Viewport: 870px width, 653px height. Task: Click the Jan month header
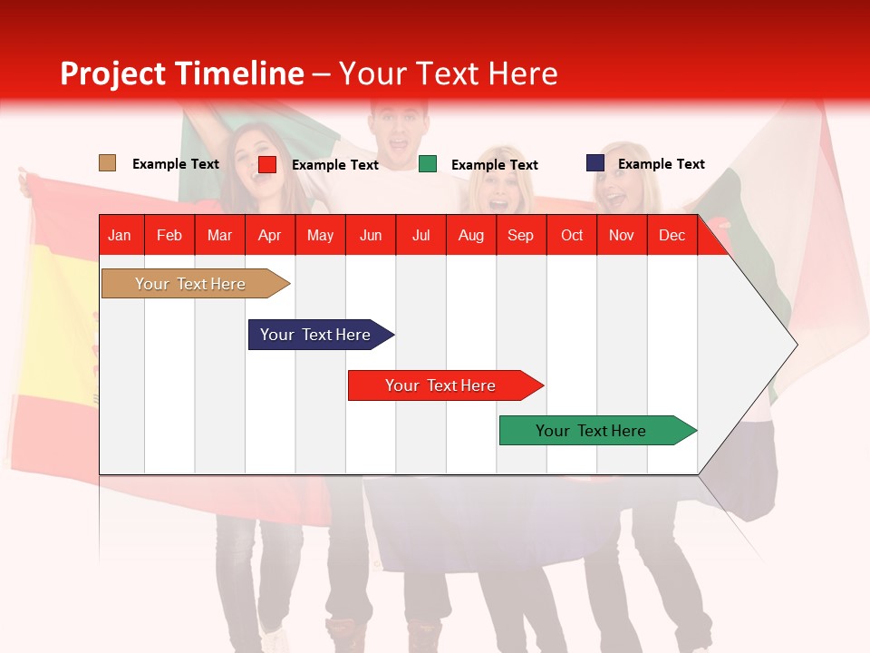tap(120, 235)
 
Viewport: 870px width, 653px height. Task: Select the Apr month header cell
tap(270, 235)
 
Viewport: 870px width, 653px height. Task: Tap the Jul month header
tap(420, 235)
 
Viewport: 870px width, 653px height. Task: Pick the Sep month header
tap(520, 235)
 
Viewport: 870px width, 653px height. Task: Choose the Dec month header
tap(672, 235)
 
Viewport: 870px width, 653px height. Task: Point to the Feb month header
tap(169, 235)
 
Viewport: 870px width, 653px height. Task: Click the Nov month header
tap(621, 235)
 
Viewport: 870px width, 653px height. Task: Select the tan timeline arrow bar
tap(191, 284)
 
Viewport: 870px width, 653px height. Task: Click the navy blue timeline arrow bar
tap(316, 335)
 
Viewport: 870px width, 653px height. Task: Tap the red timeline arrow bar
tap(441, 385)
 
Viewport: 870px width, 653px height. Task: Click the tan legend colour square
tap(107, 163)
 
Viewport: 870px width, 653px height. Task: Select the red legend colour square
tap(266, 164)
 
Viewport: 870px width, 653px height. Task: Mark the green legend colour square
tap(427, 164)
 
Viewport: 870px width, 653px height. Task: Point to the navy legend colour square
tap(594, 163)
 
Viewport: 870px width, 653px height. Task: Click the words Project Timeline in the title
tap(182, 73)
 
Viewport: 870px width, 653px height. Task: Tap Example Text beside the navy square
tap(661, 164)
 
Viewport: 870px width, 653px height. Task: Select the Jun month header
tap(371, 235)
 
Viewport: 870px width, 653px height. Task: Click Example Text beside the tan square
tap(175, 164)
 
